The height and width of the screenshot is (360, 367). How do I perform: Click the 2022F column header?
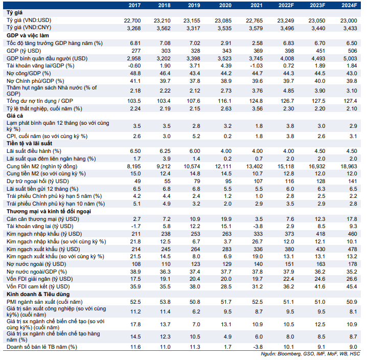[286, 6]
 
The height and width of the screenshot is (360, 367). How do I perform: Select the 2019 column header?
[194, 6]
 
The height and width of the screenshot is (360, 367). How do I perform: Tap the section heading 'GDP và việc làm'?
[28, 36]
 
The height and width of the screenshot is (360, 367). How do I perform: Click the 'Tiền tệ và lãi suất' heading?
[29, 143]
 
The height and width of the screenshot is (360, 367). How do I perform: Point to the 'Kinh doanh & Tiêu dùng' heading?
[38, 294]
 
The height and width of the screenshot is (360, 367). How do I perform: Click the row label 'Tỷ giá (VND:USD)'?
[29, 20]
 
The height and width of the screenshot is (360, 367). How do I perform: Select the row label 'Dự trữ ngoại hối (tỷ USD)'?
[38, 182]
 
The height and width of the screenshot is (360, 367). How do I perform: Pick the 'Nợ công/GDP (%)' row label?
[29, 73]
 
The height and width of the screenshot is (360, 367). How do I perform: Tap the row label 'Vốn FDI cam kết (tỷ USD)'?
[38, 286]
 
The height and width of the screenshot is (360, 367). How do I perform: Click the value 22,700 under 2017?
[132, 20]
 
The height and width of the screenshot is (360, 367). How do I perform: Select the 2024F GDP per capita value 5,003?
[350, 58]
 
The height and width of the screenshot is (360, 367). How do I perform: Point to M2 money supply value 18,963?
[349, 166]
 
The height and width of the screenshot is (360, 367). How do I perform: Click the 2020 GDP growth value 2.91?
[226, 43]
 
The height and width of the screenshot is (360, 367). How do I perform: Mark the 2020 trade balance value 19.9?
[226, 219]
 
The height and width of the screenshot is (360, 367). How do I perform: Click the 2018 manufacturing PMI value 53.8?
[165, 302]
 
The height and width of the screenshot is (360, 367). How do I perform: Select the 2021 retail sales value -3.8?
[257, 347]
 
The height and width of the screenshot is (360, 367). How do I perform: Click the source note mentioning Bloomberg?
[310, 354]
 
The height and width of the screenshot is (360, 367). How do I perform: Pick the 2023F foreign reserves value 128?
[320, 182]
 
